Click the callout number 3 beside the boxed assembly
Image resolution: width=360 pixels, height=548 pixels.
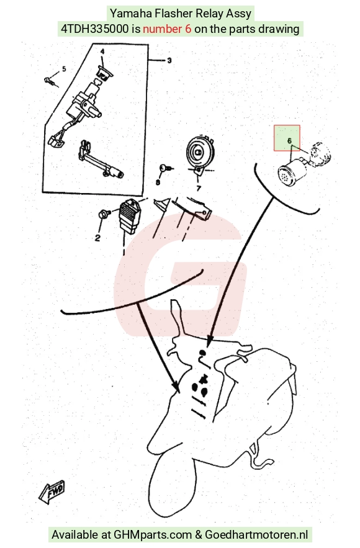[169, 60]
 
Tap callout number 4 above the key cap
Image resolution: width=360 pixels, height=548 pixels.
[102, 52]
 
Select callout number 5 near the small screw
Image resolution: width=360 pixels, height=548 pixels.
[64, 69]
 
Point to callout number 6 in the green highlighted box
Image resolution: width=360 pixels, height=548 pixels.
[289, 141]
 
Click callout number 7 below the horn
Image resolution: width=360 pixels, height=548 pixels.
[199, 189]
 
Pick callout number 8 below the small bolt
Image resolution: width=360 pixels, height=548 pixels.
[158, 182]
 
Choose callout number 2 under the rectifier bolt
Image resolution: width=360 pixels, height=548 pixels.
[97, 238]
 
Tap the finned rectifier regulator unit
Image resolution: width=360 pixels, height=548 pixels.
[130, 216]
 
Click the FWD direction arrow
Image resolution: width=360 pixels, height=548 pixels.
[52, 492]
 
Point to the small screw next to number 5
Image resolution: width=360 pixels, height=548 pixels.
[50, 81]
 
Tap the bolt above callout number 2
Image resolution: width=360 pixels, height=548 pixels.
[104, 213]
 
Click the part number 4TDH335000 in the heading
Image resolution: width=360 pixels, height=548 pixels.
[95, 29]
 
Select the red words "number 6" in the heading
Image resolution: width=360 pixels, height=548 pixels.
[167, 29]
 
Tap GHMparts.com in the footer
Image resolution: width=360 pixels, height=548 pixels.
[153, 535]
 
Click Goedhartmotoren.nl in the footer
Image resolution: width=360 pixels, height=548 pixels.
[256, 535]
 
